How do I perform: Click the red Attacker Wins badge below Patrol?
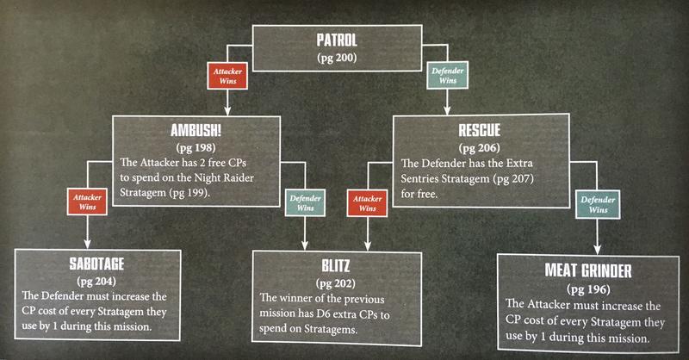click(225, 73)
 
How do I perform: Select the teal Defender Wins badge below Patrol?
click(446, 73)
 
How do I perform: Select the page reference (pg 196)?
click(587, 289)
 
